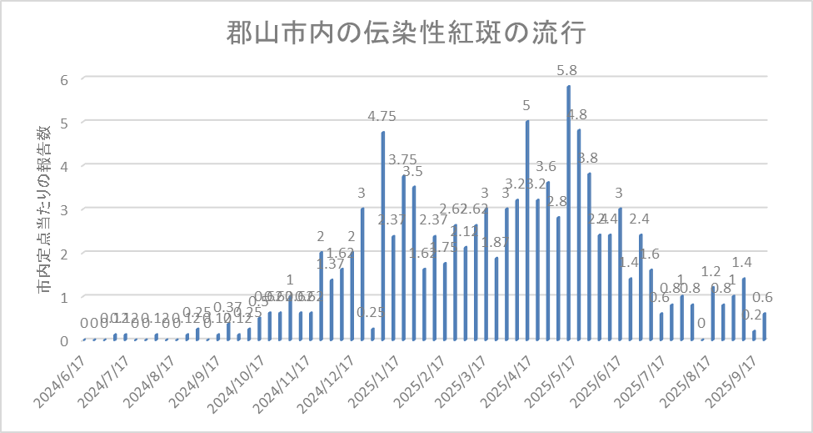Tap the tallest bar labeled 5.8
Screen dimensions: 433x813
click(x=569, y=213)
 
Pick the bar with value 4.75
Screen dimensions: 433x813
click(x=383, y=236)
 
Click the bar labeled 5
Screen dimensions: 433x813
click(x=527, y=230)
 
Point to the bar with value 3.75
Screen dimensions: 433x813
click(x=404, y=258)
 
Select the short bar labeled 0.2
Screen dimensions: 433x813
click(x=755, y=335)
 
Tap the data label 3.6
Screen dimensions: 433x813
click(x=546, y=167)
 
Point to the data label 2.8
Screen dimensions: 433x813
click(x=557, y=201)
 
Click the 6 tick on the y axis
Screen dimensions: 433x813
click(x=62, y=78)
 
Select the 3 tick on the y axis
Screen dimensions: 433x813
click(x=62, y=209)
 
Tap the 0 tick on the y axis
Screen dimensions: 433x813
click(x=62, y=340)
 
